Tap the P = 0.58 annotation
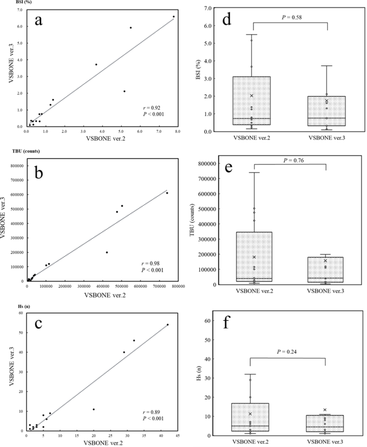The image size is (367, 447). click(x=290, y=17)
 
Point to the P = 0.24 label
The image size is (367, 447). click(x=290, y=353)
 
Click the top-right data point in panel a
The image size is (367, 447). click(x=174, y=17)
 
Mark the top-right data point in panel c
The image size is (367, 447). click(x=168, y=325)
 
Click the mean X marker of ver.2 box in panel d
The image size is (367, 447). click(x=251, y=96)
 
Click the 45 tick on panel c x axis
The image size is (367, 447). click(x=177, y=436)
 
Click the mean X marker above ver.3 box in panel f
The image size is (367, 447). click(x=325, y=410)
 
